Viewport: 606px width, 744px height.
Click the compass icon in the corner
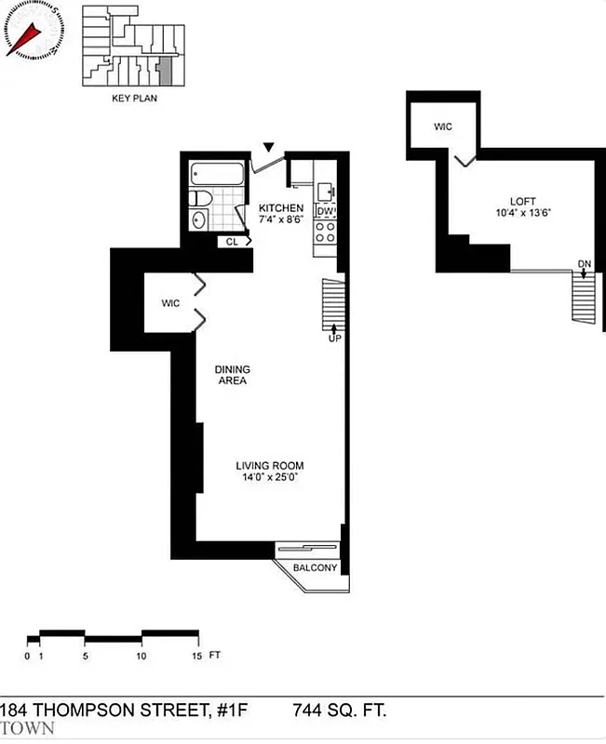pyautogui.click(x=31, y=31)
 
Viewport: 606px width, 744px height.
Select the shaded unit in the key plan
pyautogui.click(x=166, y=69)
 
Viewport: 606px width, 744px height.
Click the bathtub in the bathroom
pyautogui.click(x=217, y=174)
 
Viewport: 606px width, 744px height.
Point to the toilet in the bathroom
pyautogui.click(x=199, y=198)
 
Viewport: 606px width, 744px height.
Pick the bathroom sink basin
pyautogui.click(x=198, y=219)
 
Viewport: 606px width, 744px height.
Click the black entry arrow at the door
pyautogui.click(x=269, y=147)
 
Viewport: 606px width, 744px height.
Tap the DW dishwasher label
pyautogui.click(x=325, y=211)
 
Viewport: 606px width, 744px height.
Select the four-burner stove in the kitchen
pyautogui.click(x=325, y=232)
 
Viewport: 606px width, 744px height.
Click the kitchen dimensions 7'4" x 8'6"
pyautogui.click(x=281, y=219)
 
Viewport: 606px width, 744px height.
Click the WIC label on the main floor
pyautogui.click(x=169, y=303)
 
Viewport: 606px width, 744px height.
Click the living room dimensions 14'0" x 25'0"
pyautogui.click(x=270, y=477)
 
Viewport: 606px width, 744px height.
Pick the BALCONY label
pyautogui.click(x=315, y=568)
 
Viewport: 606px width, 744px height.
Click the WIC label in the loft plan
pyautogui.click(x=443, y=126)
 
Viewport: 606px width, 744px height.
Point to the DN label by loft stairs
pyautogui.click(x=584, y=264)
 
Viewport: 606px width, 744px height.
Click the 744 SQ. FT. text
pyautogui.click(x=339, y=711)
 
